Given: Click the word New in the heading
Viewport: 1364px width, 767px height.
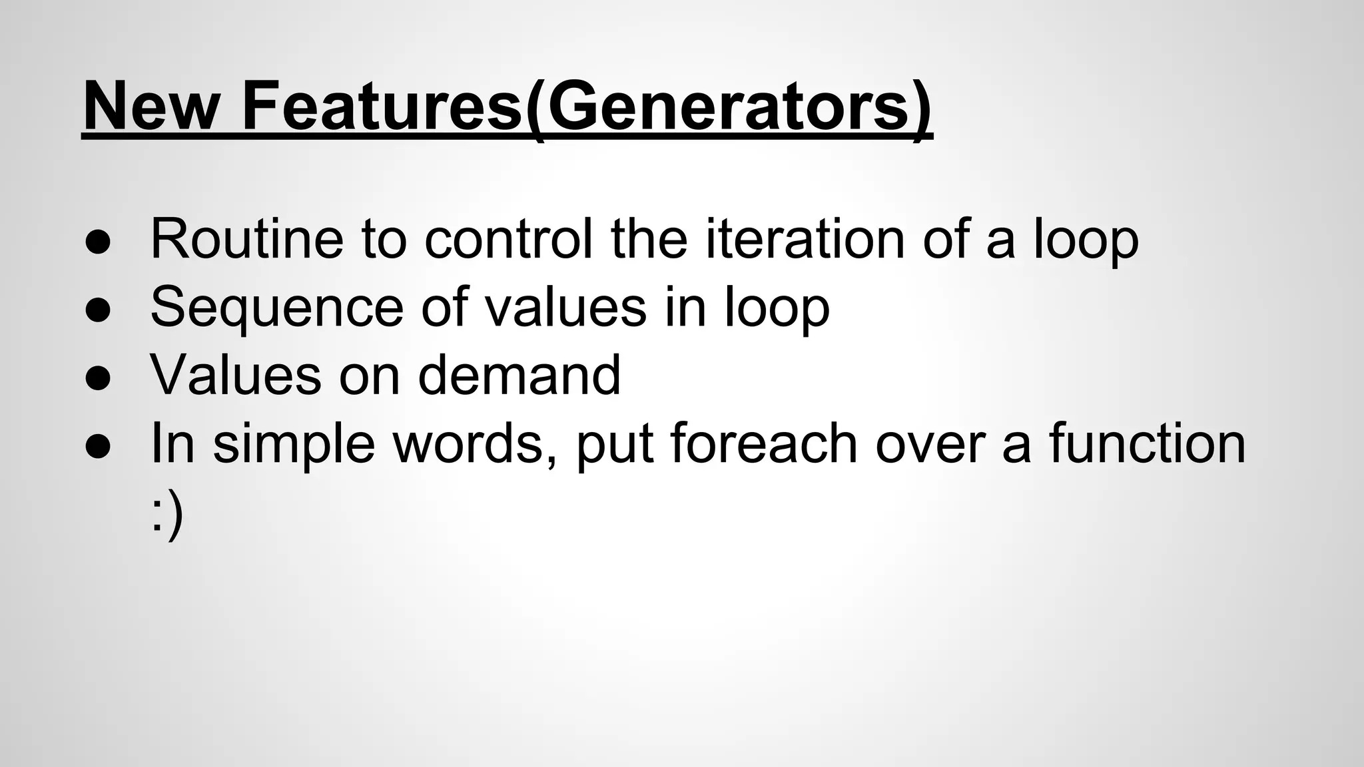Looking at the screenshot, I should [x=151, y=107].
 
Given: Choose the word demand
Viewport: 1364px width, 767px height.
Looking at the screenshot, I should [x=519, y=375].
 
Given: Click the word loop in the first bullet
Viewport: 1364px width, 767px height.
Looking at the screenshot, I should [x=1086, y=240].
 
